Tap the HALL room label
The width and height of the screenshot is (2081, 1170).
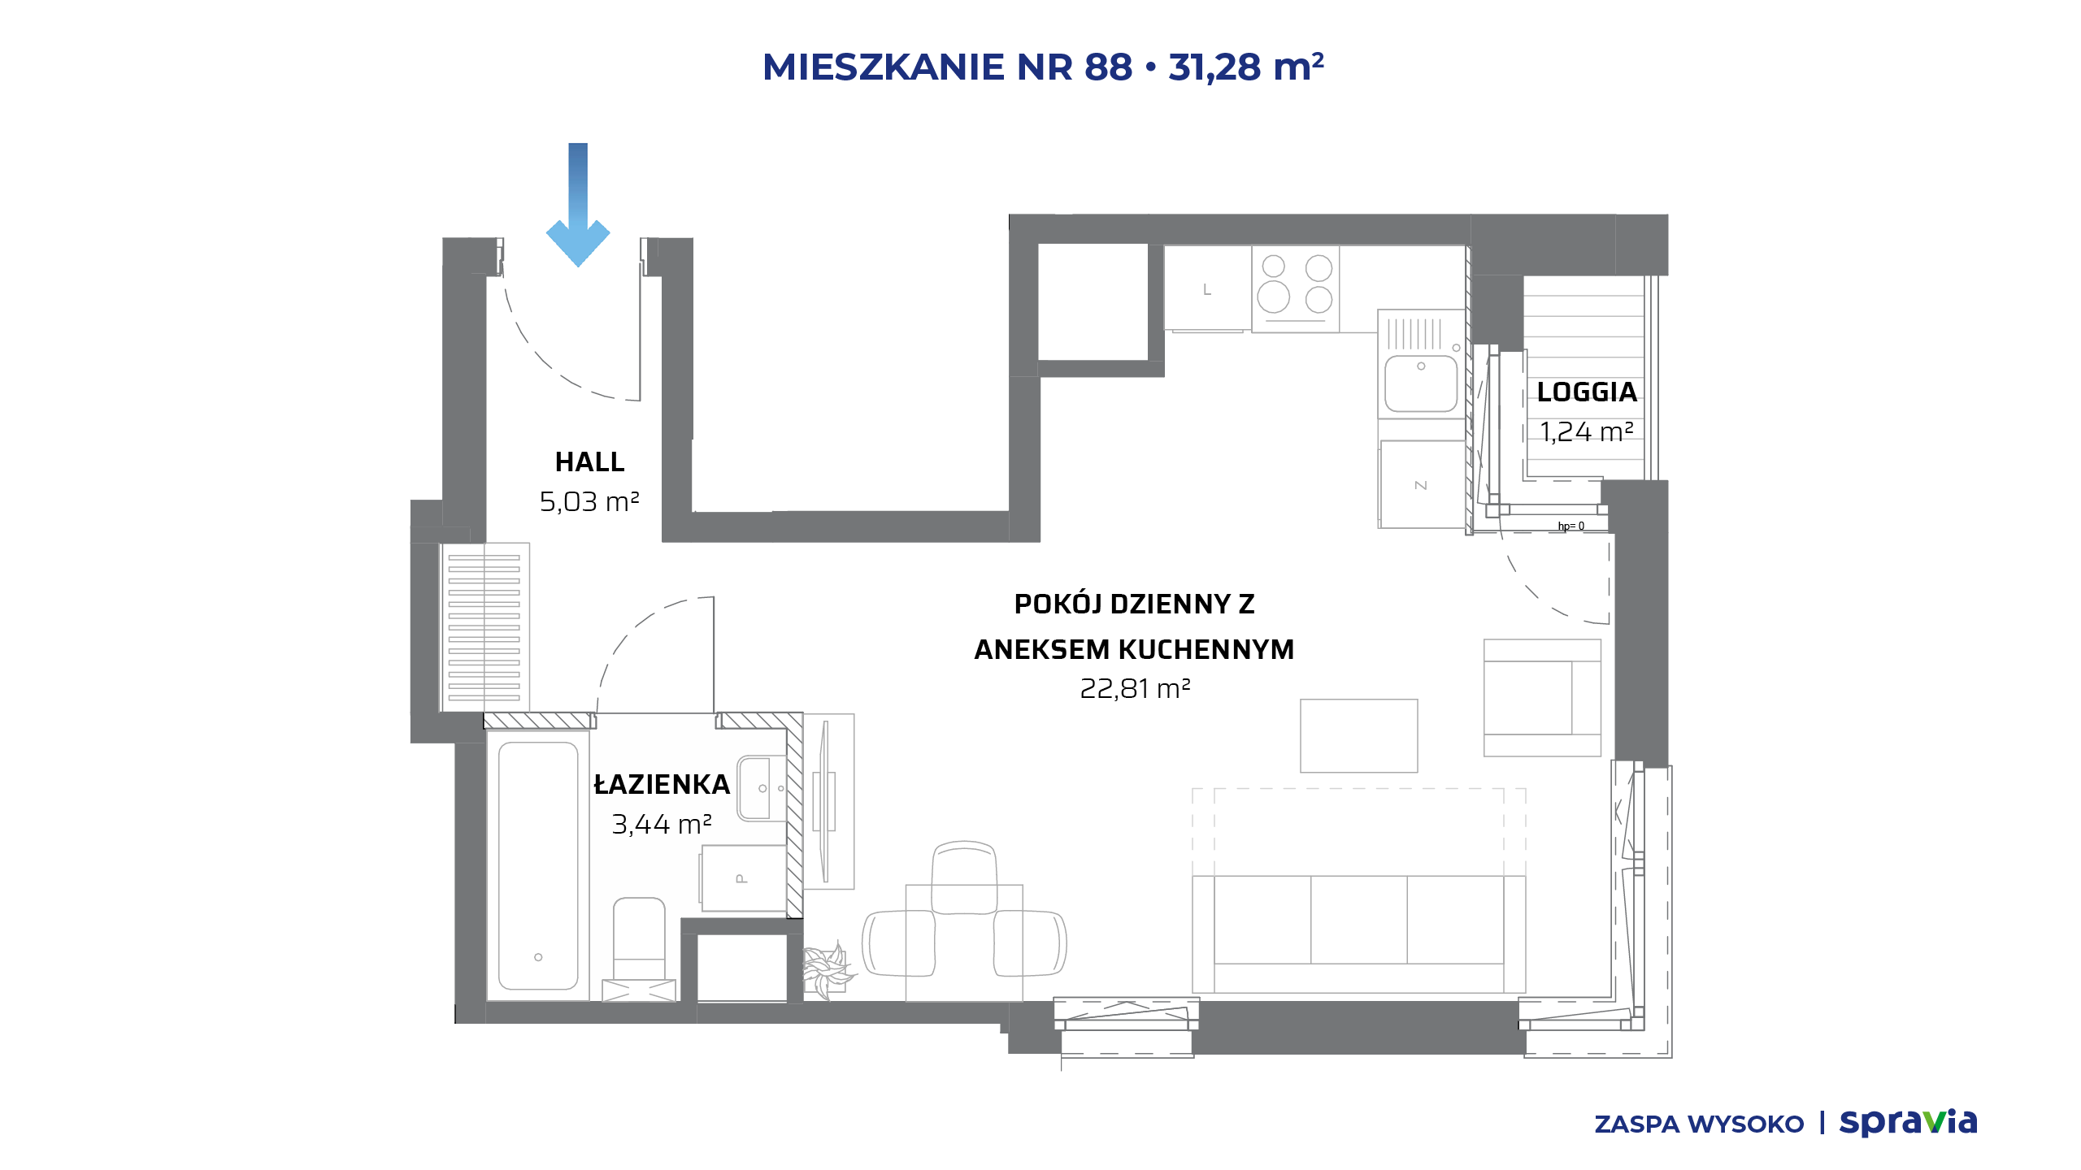[590, 461]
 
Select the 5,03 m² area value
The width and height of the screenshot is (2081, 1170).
[589, 501]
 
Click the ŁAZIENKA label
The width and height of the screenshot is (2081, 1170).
[662, 784]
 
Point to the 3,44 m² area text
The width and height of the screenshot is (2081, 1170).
[662, 824]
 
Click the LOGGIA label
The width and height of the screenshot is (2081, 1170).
[1587, 392]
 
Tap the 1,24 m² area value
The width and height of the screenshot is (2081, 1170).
[1587, 431]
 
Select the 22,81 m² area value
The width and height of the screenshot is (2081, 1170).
[1135, 688]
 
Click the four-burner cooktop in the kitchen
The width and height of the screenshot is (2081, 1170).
[1295, 289]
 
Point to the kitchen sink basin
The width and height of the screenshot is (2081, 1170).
[1421, 383]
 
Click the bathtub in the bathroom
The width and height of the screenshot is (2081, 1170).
[538, 865]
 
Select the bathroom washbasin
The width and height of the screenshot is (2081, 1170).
[762, 788]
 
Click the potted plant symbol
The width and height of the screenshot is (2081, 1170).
[827, 970]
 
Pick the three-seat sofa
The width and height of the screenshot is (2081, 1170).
[1359, 934]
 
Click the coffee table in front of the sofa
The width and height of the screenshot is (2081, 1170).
[1359, 735]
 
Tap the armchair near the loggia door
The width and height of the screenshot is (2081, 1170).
[1542, 697]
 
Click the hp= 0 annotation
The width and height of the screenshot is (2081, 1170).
[1571, 526]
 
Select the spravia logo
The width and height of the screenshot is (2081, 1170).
[1909, 1123]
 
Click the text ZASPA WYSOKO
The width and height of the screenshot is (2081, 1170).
[1699, 1124]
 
